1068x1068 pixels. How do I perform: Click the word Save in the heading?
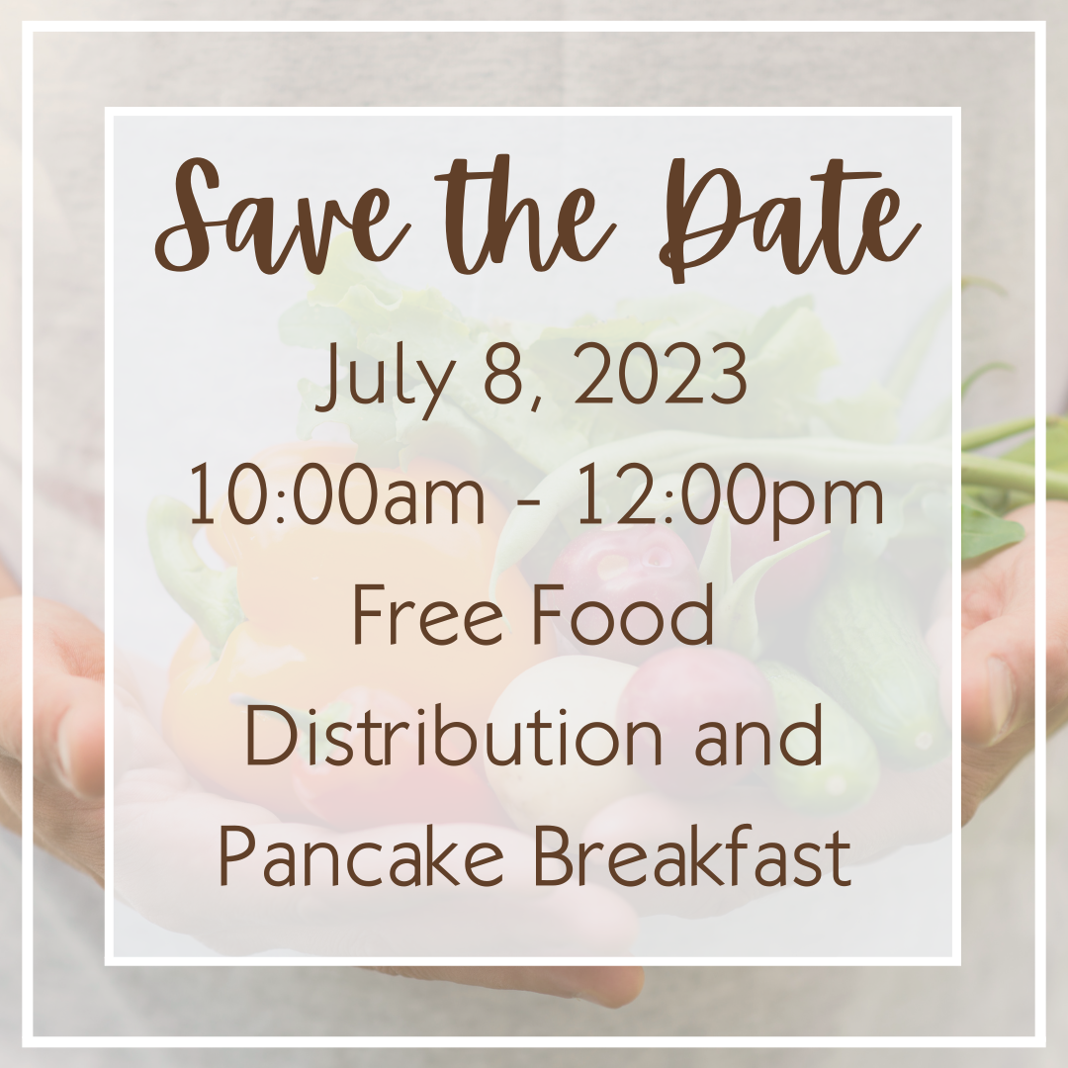283,218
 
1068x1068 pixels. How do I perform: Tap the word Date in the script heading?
790,218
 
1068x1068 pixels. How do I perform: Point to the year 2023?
661,374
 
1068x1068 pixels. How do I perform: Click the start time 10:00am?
338,494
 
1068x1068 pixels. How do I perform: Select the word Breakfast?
692,854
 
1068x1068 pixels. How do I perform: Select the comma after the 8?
535,404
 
